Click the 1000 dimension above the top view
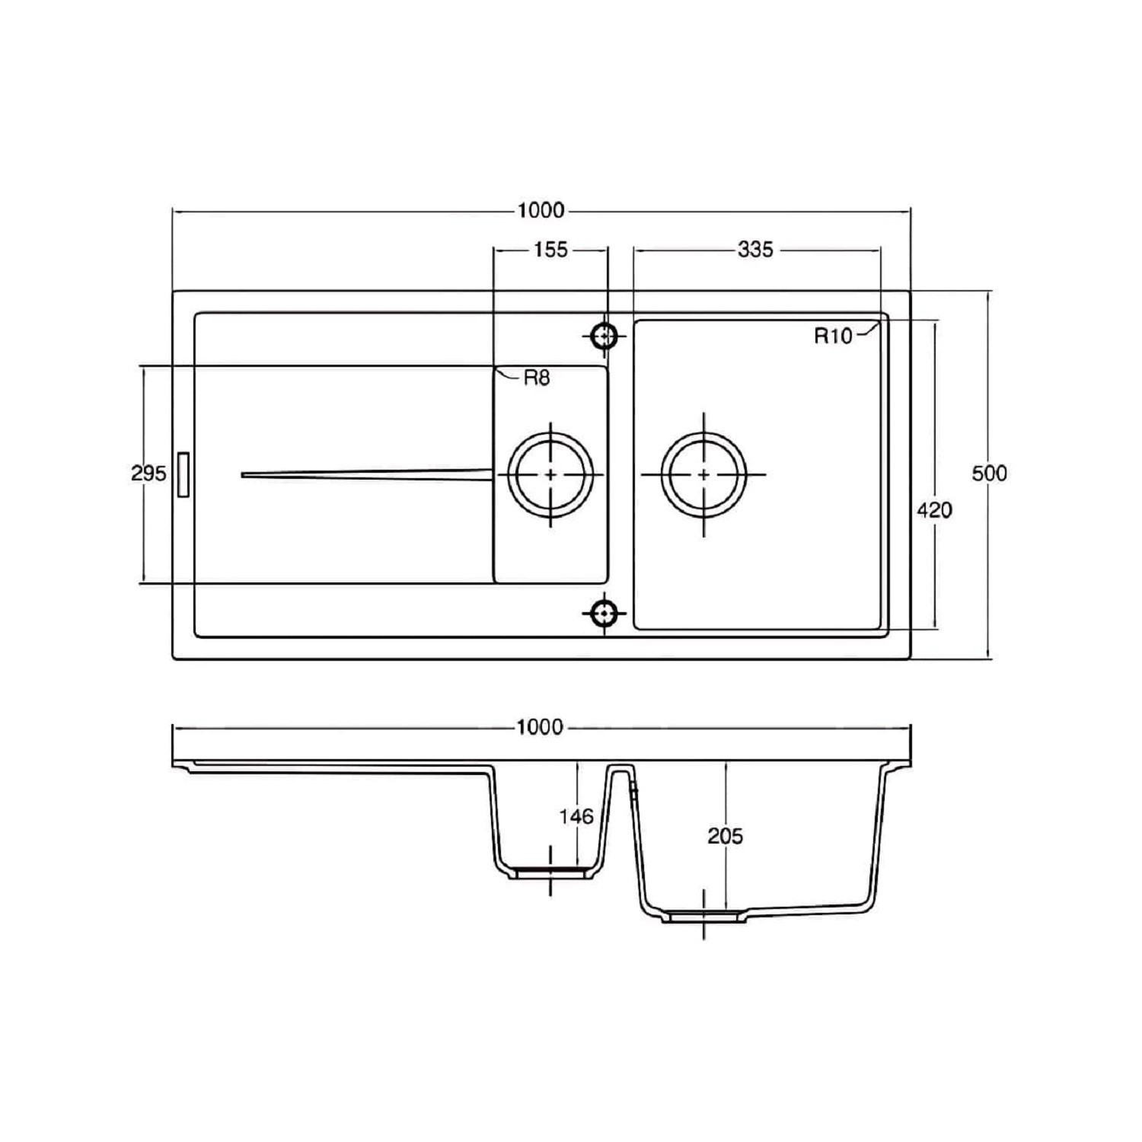point(541,210)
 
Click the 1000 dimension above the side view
point(540,727)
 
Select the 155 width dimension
point(550,249)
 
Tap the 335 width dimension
point(755,249)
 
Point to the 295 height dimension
point(148,474)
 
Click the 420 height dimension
point(934,509)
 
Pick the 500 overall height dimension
point(989,473)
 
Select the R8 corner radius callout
point(536,377)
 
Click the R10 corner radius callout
point(833,336)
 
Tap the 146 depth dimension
point(576,817)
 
